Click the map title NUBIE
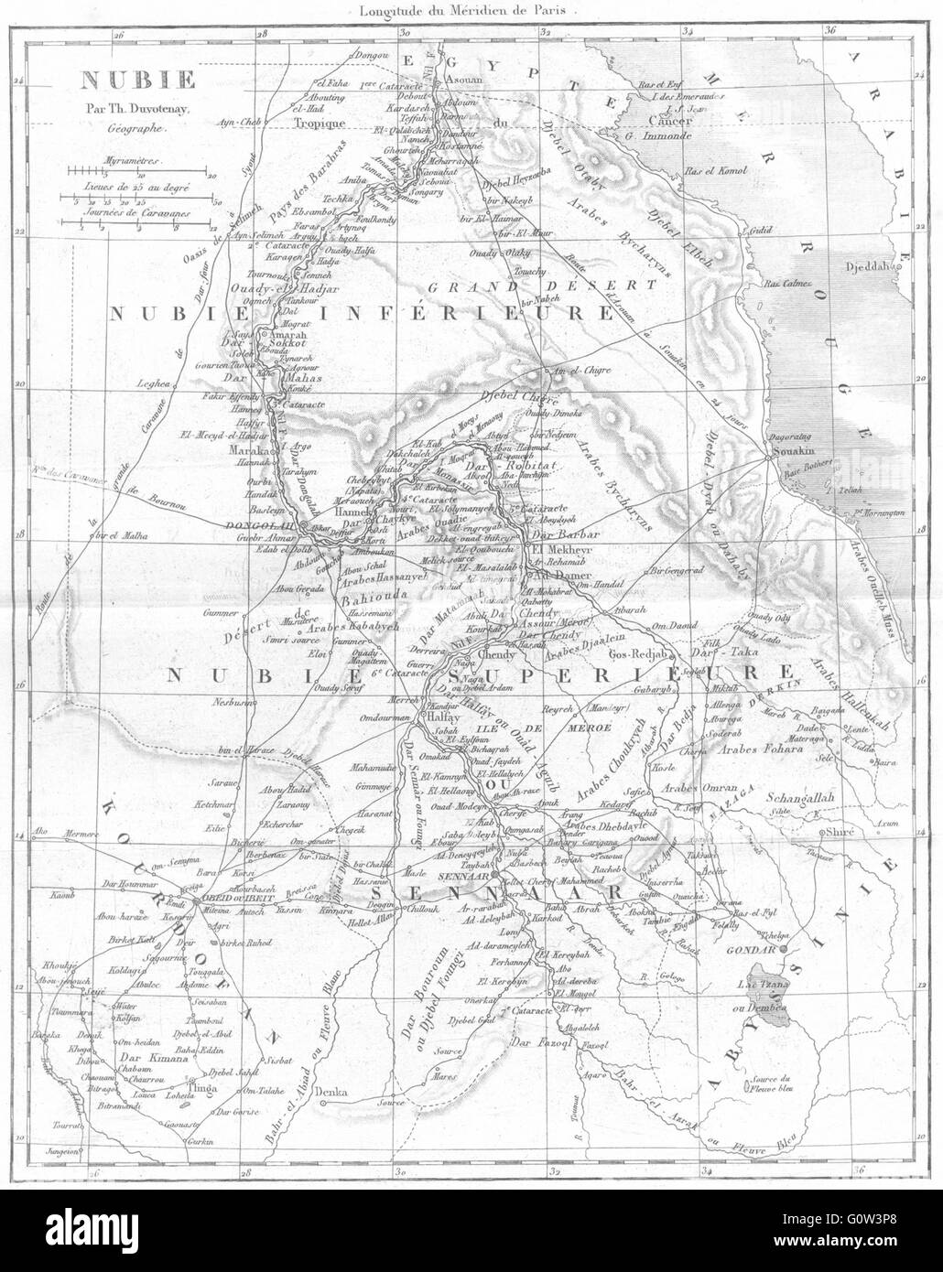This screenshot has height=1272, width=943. [x=114, y=80]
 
